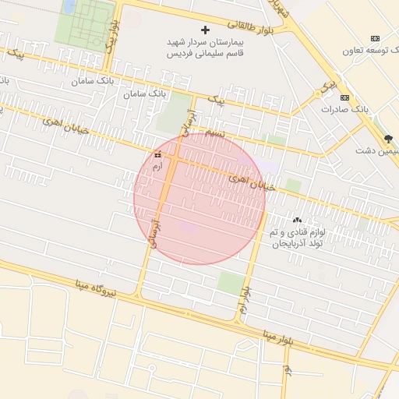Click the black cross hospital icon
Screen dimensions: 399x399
206,30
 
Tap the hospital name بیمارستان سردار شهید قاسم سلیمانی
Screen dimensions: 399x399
205,45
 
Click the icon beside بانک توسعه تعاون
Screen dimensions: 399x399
376,38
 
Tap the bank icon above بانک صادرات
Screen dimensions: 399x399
344,98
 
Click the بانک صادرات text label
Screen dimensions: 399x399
344,109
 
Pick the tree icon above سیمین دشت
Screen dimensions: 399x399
388,139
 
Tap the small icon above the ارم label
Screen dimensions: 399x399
158,154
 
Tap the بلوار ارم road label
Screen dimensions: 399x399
245,300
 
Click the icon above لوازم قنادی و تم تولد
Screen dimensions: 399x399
297,221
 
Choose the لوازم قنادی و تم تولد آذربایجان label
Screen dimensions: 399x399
302,238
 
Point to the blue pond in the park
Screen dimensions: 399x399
70,7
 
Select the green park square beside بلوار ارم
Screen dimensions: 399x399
230,282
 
